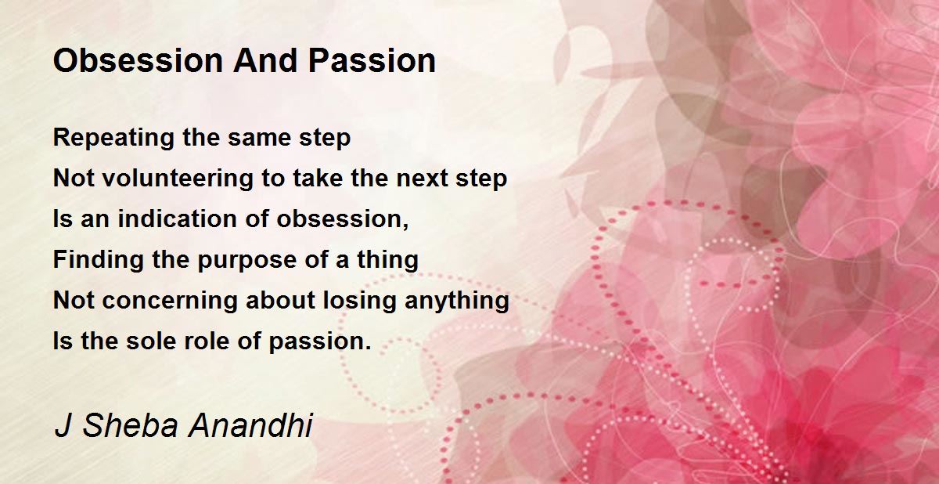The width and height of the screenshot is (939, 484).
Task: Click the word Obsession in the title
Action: click(x=138, y=61)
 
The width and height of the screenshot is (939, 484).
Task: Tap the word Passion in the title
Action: click(x=372, y=61)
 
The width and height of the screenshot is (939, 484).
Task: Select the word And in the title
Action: click(x=266, y=61)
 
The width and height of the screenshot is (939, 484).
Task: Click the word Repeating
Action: click(x=113, y=139)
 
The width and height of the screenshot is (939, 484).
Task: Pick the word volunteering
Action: click(x=178, y=179)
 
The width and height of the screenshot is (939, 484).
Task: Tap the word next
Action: click(x=422, y=179)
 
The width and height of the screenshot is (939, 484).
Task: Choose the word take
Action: click(x=318, y=178)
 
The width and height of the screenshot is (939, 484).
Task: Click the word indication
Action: click(x=178, y=219)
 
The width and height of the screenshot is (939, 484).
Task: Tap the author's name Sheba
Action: click(x=131, y=426)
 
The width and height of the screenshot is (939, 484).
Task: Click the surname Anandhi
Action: click(x=250, y=426)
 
